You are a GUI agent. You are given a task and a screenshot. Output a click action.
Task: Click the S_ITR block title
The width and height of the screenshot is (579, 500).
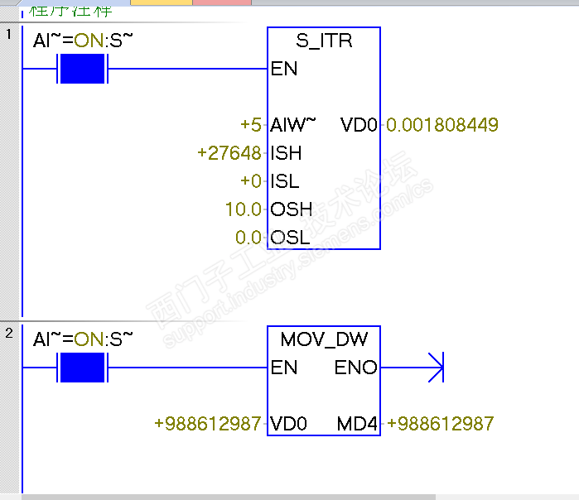tap(324, 41)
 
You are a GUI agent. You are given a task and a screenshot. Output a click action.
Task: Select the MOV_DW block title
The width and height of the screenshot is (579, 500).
tap(324, 339)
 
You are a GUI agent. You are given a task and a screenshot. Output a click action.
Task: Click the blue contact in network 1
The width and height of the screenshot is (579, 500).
tap(82, 69)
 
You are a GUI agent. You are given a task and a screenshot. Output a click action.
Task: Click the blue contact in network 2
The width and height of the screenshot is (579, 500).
tap(82, 367)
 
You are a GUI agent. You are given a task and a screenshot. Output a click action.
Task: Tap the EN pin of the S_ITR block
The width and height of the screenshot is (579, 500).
tap(284, 69)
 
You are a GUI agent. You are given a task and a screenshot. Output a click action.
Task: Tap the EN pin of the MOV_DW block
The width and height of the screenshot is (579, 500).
tap(284, 367)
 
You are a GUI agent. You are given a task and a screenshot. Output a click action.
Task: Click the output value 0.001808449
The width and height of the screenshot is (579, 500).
tap(442, 125)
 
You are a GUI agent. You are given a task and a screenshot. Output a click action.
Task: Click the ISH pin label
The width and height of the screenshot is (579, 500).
tap(287, 153)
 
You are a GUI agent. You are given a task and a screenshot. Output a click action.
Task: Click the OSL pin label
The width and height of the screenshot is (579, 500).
tap(291, 238)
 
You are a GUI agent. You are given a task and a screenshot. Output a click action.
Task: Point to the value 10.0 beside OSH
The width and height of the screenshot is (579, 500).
tap(244, 209)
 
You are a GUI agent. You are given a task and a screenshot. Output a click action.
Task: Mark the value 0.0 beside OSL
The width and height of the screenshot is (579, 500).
tap(248, 238)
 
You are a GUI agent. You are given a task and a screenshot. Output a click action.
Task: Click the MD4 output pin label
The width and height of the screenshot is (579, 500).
tap(357, 424)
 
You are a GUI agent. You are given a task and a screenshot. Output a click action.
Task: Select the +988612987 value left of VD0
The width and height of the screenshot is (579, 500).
tap(208, 424)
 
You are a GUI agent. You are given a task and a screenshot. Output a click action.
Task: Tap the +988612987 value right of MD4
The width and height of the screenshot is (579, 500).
tap(440, 424)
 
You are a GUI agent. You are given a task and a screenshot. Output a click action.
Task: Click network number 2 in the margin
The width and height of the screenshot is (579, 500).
tap(9, 334)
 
